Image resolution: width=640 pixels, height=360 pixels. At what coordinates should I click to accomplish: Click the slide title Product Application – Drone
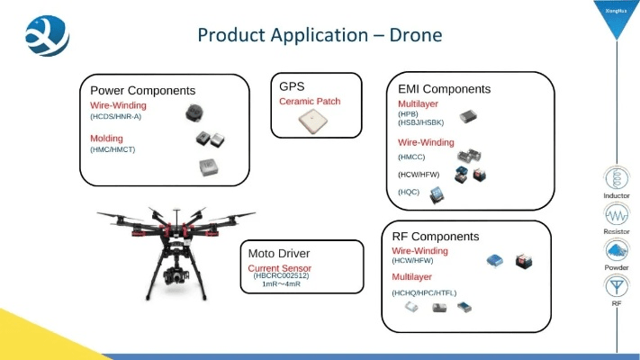320,36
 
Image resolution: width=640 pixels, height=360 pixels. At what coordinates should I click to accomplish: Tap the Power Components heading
142,90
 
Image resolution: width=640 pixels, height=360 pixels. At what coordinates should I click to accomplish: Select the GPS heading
292,86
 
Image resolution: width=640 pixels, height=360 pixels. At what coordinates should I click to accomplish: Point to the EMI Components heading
444,89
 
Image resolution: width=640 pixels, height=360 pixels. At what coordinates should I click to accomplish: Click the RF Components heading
436,237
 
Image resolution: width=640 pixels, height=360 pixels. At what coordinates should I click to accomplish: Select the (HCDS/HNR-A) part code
115,116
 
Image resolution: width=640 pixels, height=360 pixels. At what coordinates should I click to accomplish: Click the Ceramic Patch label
310,102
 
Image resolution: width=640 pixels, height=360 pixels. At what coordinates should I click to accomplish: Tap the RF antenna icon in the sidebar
617,286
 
